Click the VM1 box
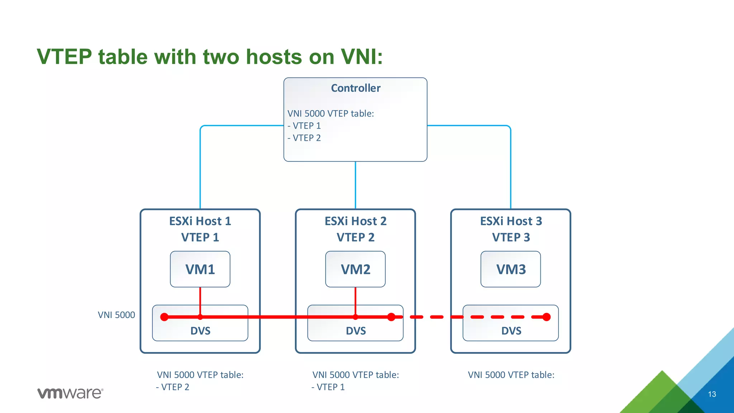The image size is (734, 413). [x=200, y=269]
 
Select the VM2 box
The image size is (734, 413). [x=355, y=269]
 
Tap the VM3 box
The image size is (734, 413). [x=511, y=269]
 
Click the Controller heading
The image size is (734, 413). [x=356, y=88]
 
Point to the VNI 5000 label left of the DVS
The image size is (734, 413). [x=116, y=315]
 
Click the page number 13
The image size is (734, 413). [x=712, y=394]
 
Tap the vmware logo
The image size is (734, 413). [x=70, y=393]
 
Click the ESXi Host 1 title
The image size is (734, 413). [x=200, y=221]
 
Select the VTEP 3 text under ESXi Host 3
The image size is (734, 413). [x=511, y=237]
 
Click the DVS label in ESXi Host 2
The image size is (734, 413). [x=356, y=331]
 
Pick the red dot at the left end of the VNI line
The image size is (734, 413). [x=165, y=317]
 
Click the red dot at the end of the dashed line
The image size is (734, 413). [x=547, y=317]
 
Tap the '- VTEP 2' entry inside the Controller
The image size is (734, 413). [x=304, y=138]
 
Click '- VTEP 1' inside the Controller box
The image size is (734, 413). [x=304, y=126]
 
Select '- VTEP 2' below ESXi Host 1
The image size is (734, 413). [x=173, y=387]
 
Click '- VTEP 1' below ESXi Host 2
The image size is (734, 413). [x=328, y=387]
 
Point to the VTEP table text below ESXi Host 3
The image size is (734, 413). [x=511, y=375]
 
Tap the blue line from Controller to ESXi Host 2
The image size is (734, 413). [x=356, y=185]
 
